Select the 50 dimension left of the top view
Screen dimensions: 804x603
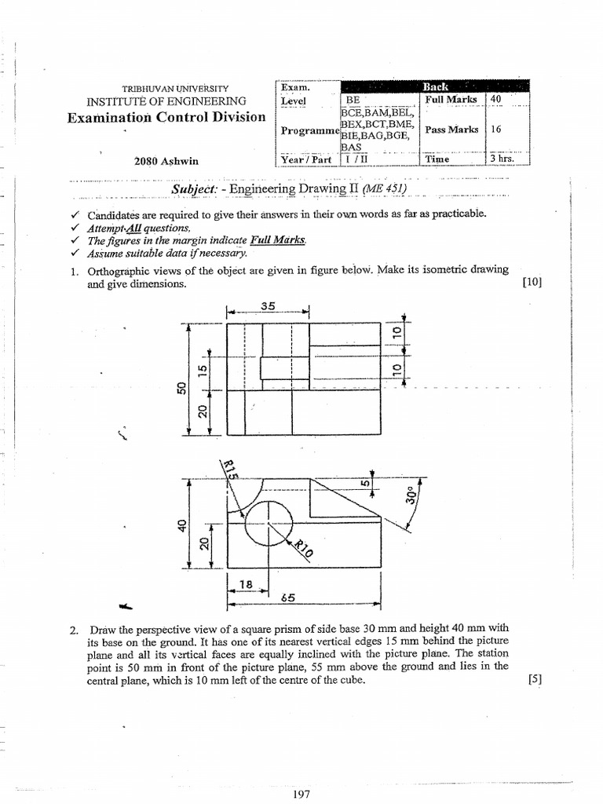pyautogui.click(x=181, y=389)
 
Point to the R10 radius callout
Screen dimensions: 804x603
pyautogui.click(x=303, y=548)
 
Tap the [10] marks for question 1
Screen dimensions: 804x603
pyautogui.click(x=532, y=284)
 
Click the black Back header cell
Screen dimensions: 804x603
pyautogui.click(x=435, y=86)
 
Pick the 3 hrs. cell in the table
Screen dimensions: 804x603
pyautogui.click(x=504, y=159)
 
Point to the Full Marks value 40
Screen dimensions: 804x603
pyautogui.click(x=496, y=100)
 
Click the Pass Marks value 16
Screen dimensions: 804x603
pyautogui.click(x=495, y=129)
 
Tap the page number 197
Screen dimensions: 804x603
pyautogui.click(x=301, y=795)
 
